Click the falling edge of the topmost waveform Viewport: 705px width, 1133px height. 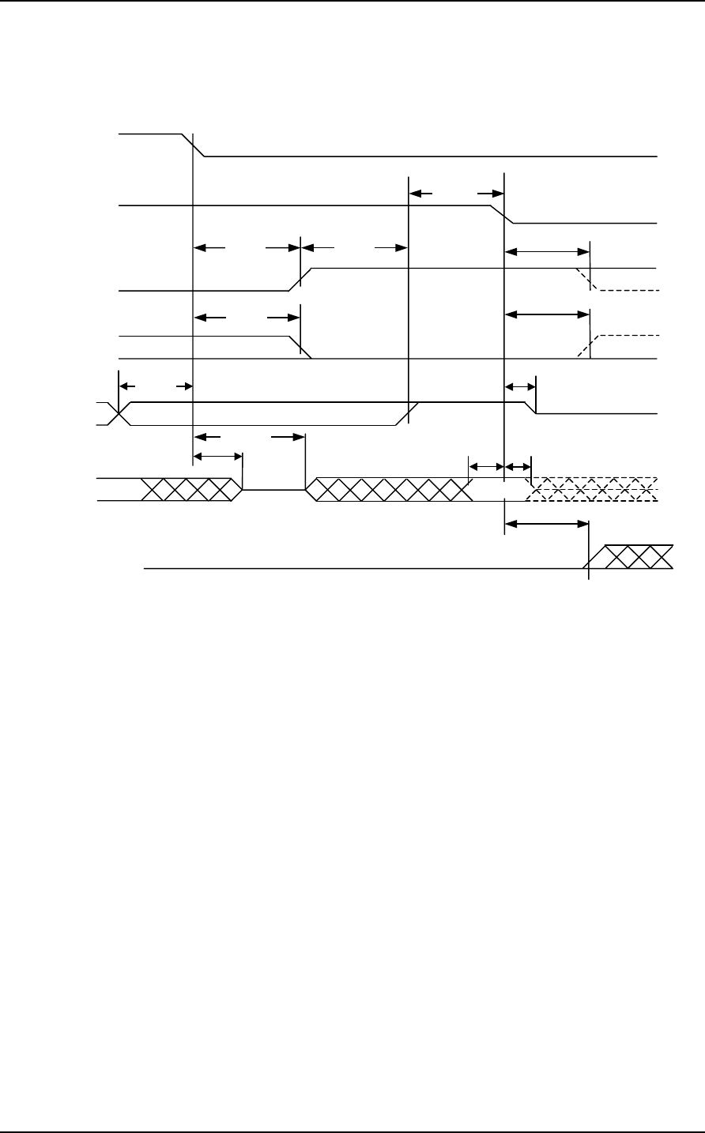tap(194, 146)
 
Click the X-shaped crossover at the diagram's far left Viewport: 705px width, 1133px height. tap(119, 414)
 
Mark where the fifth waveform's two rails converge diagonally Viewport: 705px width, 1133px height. tap(408, 414)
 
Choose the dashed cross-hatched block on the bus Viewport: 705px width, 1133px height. tap(593, 490)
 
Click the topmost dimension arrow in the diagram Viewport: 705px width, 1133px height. tap(456, 193)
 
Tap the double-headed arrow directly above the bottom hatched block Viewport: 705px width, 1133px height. tap(546, 523)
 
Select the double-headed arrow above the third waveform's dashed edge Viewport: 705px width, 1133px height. tap(547, 252)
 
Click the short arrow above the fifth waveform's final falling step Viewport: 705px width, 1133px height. tap(519, 386)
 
